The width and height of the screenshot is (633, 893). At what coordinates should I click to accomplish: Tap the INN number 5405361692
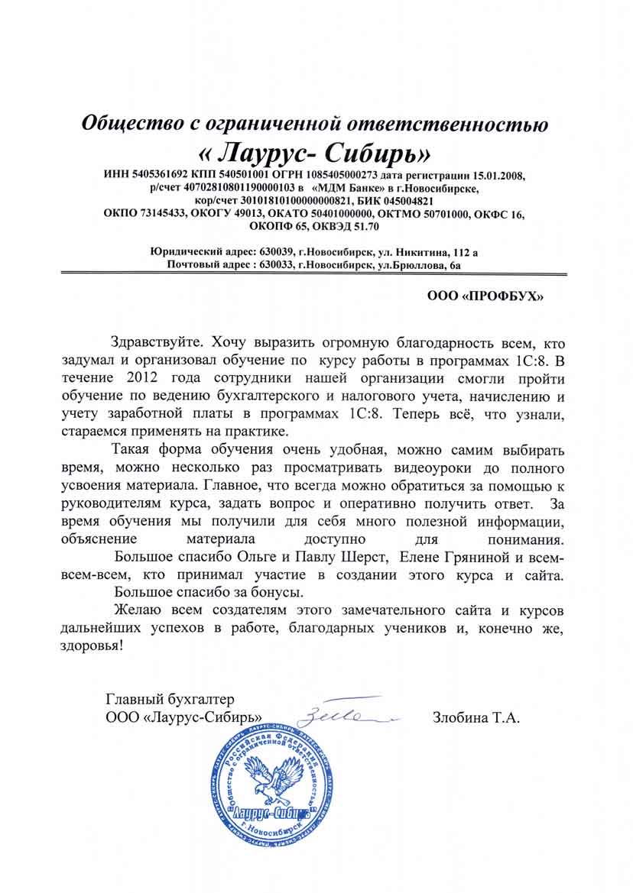(x=157, y=176)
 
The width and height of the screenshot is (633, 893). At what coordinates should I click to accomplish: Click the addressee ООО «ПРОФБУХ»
(x=485, y=296)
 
